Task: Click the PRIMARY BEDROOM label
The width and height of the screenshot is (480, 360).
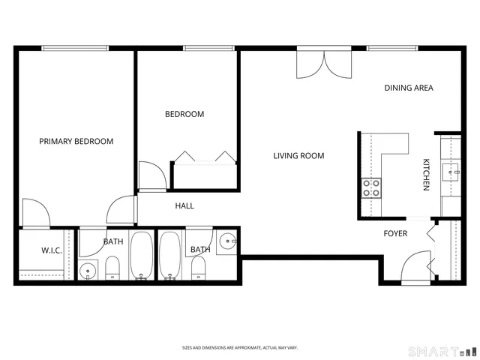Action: [76, 141]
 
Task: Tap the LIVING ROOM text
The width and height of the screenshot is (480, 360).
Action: [298, 156]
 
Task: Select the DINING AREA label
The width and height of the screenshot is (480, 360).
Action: [409, 88]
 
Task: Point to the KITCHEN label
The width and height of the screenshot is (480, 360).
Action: [426, 175]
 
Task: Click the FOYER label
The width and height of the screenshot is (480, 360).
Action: [395, 233]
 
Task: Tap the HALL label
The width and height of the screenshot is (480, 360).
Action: [184, 205]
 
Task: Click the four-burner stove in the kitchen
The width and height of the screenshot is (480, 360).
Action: [371, 187]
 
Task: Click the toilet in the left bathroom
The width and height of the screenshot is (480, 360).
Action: [112, 268]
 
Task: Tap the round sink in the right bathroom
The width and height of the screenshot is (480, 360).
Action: [228, 241]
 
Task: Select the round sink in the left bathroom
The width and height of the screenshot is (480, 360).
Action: [88, 271]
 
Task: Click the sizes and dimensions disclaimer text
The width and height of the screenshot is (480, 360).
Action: [240, 348]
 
